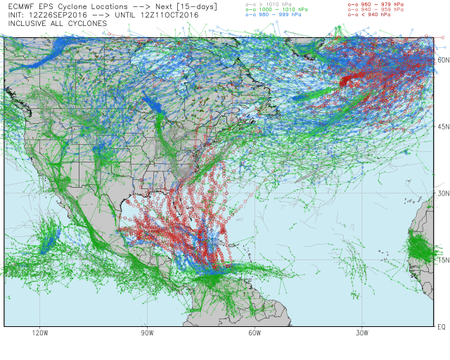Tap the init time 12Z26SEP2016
[53, 14]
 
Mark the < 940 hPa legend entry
[373, 15]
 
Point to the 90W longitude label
[148, 333]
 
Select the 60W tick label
[255, 333]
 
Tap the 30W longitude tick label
[362, 333]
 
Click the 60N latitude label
[442, 60]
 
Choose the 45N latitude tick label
[442, 127]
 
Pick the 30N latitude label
[442, 193]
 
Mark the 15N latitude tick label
[442, 260]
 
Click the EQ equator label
[441, 327]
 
